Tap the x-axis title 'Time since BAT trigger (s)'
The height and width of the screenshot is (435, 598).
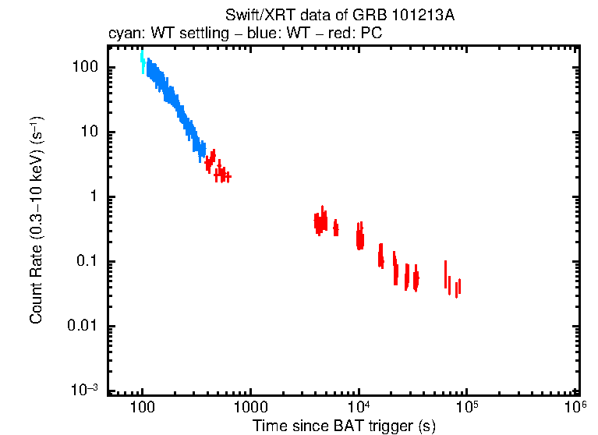343,426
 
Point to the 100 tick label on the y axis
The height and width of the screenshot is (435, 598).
84,67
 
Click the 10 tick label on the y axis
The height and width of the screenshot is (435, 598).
89,132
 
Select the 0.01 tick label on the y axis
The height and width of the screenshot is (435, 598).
83,326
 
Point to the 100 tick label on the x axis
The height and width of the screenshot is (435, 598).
142,407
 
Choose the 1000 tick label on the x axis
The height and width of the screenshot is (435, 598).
250,407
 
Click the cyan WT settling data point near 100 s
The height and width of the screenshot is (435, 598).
142,61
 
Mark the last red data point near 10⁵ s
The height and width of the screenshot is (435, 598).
458,287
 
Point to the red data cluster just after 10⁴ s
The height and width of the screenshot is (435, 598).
360,235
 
